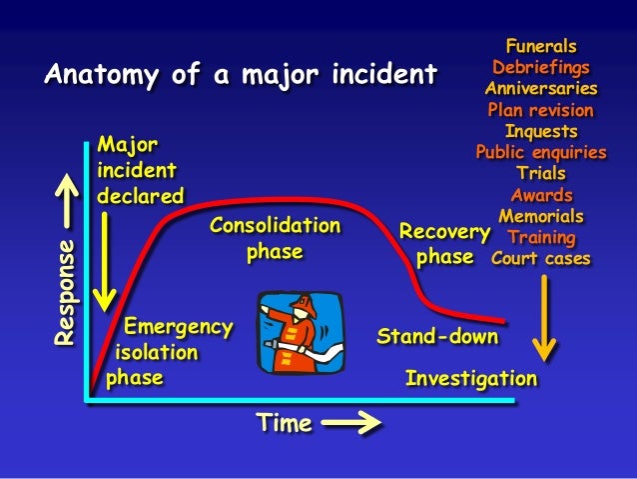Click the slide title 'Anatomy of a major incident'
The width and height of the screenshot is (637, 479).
point(241,75)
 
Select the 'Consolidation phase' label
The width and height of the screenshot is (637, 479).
point(275,239)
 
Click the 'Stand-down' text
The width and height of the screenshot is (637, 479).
point(436,336)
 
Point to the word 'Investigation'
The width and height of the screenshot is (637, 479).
point(471,379)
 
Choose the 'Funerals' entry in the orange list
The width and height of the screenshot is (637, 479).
point(540,46)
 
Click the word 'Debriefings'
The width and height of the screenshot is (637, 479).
point(540,68)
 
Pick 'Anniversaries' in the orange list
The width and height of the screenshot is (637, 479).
point(540,89)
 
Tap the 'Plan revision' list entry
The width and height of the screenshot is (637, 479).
point(540,110)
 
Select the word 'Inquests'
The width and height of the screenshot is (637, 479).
point(540,131)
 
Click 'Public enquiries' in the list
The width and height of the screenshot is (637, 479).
point(540,152)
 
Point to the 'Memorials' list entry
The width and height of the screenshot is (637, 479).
point(540,216)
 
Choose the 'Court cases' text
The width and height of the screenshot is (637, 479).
point(540,259)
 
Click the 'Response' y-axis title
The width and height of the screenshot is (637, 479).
point(65,293)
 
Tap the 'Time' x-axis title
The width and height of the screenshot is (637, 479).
point(285,423)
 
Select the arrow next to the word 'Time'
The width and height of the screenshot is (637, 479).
point(351,424)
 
